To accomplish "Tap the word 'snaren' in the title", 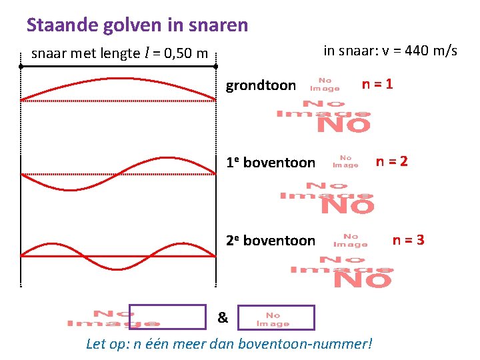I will coord(219,25).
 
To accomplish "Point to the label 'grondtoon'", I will coord(261,85).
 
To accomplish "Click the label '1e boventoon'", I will coord(270,163).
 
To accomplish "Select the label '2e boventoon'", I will coord(270,241).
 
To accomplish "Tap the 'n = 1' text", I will coord(377,85).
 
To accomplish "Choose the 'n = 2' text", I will coord(392,161).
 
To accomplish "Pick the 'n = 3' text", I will coord(408,240).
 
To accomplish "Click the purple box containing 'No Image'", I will coord(275,317).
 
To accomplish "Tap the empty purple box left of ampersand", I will coord(167,317).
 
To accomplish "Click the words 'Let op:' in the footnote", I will coord(107,345).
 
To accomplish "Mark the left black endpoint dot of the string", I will coord(21,67).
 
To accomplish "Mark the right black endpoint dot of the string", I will coord(216,67).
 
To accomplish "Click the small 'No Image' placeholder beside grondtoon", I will coord(325,85).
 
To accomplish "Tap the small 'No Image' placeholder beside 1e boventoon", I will coord(345,161).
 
